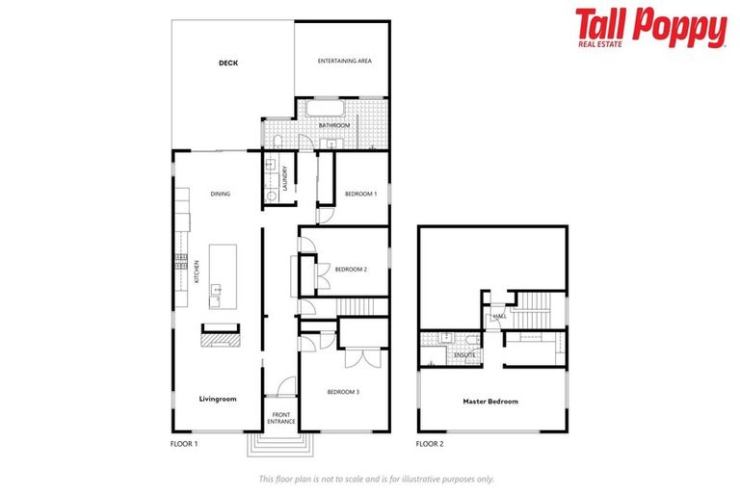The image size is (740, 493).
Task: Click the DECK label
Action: tap(227, 64)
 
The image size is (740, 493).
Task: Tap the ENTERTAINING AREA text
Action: tap(345, 61)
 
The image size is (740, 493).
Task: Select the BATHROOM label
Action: tap(334, 125)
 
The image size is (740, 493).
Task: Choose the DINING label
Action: tap(221, 194)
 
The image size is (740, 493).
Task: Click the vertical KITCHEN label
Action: tap(197, 272)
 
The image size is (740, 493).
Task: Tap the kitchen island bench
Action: tap(222, 273)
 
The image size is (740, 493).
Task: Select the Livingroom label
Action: tap(217, 398)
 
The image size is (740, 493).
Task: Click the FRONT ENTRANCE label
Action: tap(281, 419)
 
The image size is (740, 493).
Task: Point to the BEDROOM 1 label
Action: tap(360, 194)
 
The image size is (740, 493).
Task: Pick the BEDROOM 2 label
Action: tap(352, 270)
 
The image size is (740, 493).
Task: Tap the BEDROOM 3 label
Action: tap(343, 391)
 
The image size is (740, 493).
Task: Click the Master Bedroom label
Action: tap(489, 401)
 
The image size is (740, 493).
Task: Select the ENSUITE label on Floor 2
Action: tap(464, 356)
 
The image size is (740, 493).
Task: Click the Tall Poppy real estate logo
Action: tap(650, 29)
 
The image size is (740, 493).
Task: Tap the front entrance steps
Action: tap(280, 444)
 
